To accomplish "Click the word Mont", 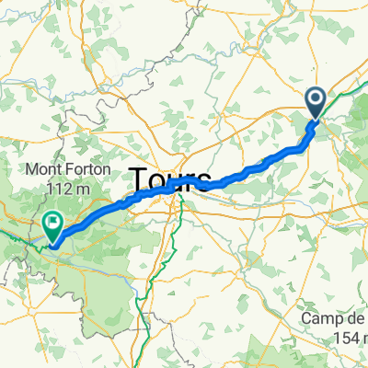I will click(40, 170).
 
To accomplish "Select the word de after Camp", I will click(356, 318).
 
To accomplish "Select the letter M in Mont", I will click(29, 170).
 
